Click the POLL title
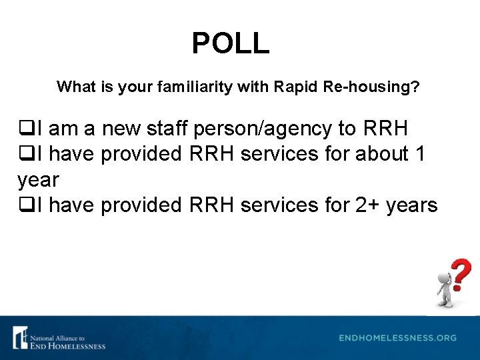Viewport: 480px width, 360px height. tap(231, 43)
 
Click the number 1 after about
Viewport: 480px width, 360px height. tap(419, 153)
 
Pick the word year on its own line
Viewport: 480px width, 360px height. tap(38, 181)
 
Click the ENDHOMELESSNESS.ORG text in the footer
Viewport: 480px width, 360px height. tap(397, 338)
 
